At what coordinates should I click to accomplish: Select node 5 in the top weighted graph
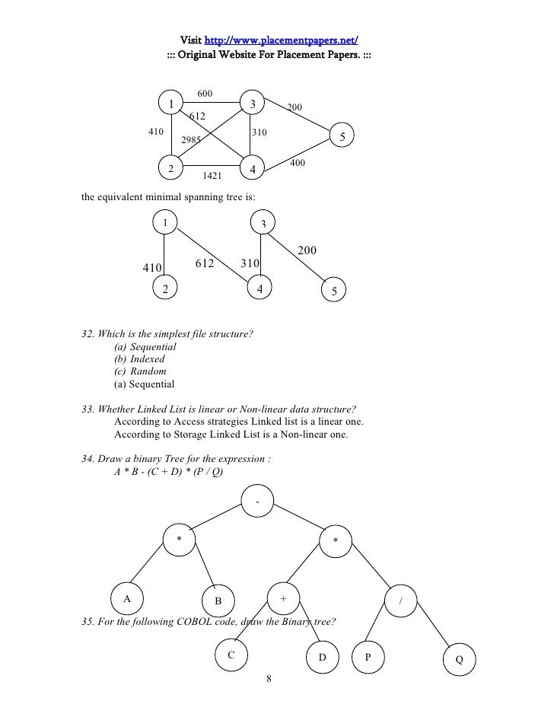coord(342,137)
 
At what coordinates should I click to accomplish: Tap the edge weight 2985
coord(192,140)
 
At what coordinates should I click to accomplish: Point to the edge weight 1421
coord(212,176)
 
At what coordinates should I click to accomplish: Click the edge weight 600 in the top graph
coord(205,94)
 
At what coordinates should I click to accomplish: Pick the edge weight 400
coord(298,164)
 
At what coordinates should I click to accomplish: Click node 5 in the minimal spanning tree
coord(334,292)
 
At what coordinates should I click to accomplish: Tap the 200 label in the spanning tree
coord(307,250)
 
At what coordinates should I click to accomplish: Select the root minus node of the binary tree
coord(259,502)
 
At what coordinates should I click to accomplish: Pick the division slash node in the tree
coord(400,601)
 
